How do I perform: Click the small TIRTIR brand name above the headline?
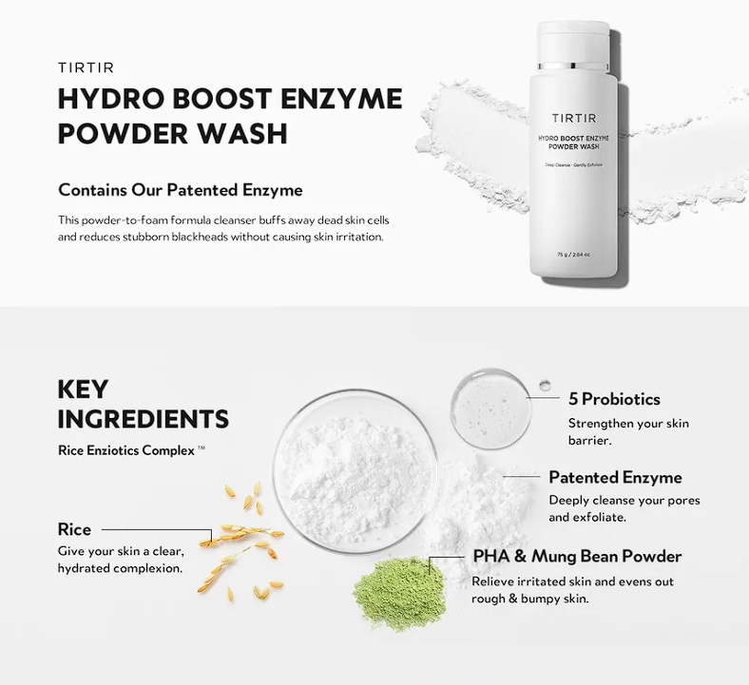click(86, 67)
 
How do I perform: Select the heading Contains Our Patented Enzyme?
click(180, 190)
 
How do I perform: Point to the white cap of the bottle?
click(575, 44)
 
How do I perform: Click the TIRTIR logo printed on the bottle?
click(574, 117)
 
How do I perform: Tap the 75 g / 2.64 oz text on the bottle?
click(574, 255)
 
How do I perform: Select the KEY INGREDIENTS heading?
click(143, 404)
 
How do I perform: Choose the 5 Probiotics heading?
click(614, 399)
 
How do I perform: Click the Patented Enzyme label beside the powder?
click(615, 477)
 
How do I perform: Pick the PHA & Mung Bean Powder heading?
click(577, 556)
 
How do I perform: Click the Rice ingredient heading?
click(74, 529)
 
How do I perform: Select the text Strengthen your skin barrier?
click(628, 431)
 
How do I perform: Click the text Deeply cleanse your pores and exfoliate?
click(624, 508)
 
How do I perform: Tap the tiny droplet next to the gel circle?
click(544, 385)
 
